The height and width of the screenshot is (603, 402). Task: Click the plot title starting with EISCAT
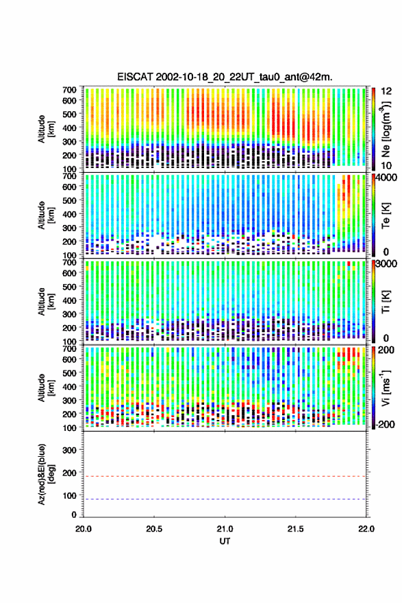pyautogui.click(x=225, y=77)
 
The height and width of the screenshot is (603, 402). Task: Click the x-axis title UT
pyautogui.click(x=225, y=541)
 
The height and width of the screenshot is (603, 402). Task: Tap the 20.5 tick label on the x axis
pyautogui.click(x=154, y=529)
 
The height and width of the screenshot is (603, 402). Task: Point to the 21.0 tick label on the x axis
pyautogui.click(x=225, y=529)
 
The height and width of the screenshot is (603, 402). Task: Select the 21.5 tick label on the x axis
pyautogui.click(x=295, y=529)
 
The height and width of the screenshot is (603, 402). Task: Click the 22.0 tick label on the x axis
pyautogui.click(x=366, y=529)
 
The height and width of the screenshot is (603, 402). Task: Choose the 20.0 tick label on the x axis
pyautogui.click(x=84, y=529)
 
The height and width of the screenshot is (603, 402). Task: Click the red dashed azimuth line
pyautogui.click(x=225, y=477)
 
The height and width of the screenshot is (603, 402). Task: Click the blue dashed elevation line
pyautogui.click(x=225, y=499)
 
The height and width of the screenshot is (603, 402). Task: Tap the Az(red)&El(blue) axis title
pyautogui.click(x=45, y=474)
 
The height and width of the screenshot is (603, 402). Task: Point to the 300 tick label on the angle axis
pyautogui.click(x=69, y=450)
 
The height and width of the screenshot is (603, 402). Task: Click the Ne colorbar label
pyautogui.click(x=386, y=129)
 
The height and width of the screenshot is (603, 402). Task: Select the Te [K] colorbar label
pyautogui.click(x=386, y=215)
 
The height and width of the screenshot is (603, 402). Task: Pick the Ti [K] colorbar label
pyautogui.click(x=386, y=302)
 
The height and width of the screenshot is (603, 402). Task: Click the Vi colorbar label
pyautogui.click(x=386, y=388)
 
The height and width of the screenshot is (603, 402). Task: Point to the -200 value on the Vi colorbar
pyautogui.click(x=384, y=425)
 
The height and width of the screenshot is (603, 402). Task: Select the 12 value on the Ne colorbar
pyautogui.click(x=386, y=91)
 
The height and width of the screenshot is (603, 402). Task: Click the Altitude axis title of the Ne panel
pyautogui.click(x=45, y=129)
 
